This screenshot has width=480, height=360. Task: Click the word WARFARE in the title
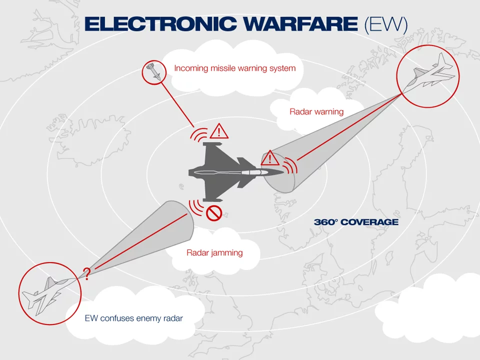point(290,23)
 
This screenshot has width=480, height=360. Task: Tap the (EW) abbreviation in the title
point(385,24)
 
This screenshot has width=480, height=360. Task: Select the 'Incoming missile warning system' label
point(235,68)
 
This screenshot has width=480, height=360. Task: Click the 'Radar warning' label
point(316,111)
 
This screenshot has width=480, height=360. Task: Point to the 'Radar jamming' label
point(214,252)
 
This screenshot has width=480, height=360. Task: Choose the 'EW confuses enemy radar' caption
point(133,318)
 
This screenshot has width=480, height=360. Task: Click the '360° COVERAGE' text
point(356,222)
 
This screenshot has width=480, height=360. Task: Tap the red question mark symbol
point(86,273)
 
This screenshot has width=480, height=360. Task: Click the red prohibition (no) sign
point(214,213)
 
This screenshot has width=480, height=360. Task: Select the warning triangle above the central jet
point(219,131)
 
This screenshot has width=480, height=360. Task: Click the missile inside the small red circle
point(154,72)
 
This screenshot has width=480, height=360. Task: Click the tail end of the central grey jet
point(189,173)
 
